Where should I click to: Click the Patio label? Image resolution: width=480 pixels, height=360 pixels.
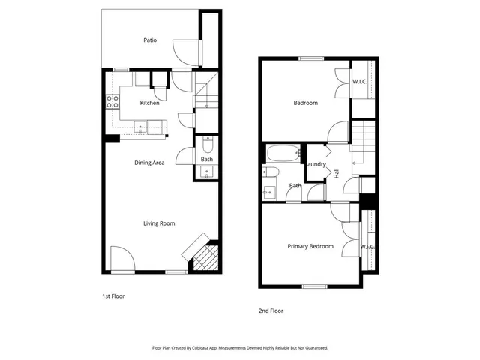(150, 40)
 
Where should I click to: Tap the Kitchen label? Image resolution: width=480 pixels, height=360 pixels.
(149, 103)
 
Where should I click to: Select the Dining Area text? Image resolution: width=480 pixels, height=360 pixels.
(149, 163)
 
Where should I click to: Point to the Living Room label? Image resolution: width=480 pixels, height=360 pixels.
(159, 223)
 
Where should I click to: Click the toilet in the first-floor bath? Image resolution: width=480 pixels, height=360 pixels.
(207, 144)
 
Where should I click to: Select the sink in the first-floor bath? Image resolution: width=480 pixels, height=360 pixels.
(207, 172)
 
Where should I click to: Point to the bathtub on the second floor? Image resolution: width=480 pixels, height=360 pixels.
(283, 154)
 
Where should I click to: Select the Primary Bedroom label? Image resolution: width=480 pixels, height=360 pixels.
(310, 246)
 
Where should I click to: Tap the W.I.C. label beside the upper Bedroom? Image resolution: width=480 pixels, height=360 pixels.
(360, 82)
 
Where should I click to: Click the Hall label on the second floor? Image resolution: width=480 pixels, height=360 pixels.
(337, 172)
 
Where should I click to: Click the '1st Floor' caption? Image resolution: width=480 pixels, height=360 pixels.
(113, 296)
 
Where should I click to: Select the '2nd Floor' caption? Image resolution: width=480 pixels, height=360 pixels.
(271, 310)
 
